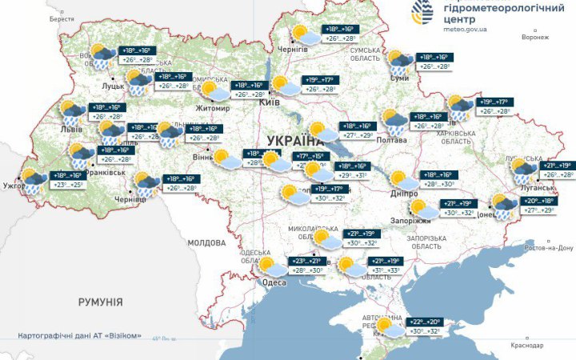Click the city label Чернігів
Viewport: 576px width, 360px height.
(x=293, y=50)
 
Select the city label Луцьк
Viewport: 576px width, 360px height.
(x=112, y=83)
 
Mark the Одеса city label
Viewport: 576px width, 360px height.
(x=274, y=282)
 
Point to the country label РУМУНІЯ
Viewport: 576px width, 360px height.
(x=100, y=302)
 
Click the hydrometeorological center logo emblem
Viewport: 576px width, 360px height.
(x=423, y=11)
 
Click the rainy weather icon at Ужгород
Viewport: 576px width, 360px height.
(x=33, y=180)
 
